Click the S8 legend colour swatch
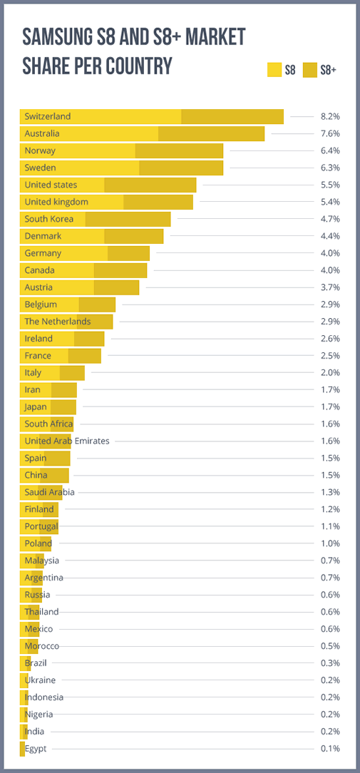[274, 70]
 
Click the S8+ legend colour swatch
[310, 70]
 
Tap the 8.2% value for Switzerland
[330, 116]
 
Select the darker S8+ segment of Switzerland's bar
[232, 116]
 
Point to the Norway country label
[40, 150]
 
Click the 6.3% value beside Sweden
[330, 168]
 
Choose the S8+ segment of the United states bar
[150, 185]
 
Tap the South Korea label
[48, 219]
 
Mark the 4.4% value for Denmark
[330, 236]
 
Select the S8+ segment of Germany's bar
[128, 253]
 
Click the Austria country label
[38, 287]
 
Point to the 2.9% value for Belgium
[330, 304]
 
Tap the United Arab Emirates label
[67, 441]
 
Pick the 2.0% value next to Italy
[330, 373]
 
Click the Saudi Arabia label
[49, 492]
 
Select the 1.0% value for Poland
[330, 543]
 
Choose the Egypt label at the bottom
[35, 749]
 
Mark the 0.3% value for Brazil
[330, 663]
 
